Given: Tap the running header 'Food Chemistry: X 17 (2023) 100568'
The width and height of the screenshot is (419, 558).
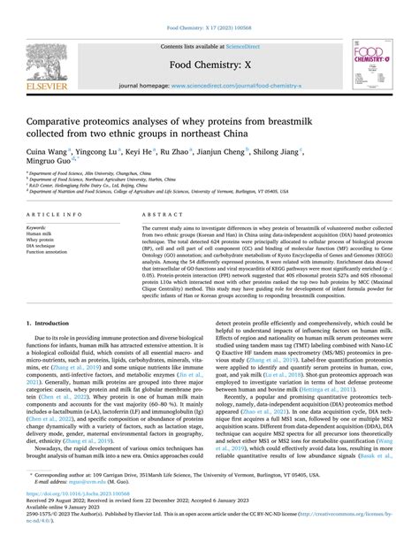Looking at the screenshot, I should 209,27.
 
